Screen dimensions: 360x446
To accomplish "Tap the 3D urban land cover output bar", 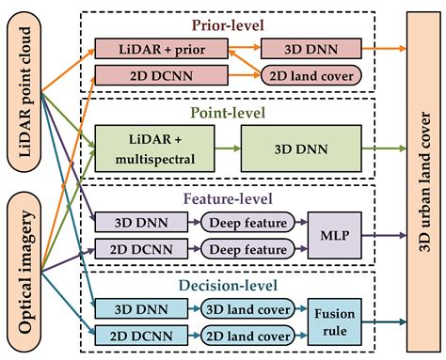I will (422, 180).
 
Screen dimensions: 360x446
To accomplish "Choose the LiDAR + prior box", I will (136, 47).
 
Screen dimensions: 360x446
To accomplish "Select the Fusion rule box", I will (335, 321).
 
